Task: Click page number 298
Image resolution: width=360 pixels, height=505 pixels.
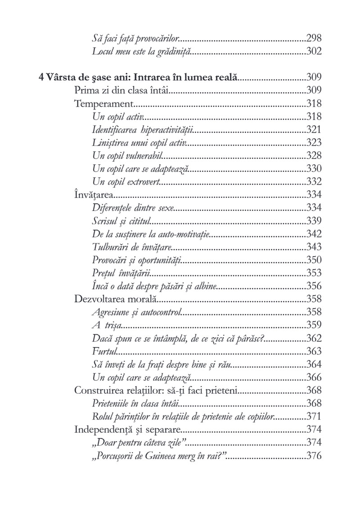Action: click(314, 38)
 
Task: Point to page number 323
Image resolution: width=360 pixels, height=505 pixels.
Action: click(314, 142)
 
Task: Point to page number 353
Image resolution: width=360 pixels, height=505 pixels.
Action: click(314, 273)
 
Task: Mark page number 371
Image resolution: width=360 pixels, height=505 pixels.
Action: click(314, 403)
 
